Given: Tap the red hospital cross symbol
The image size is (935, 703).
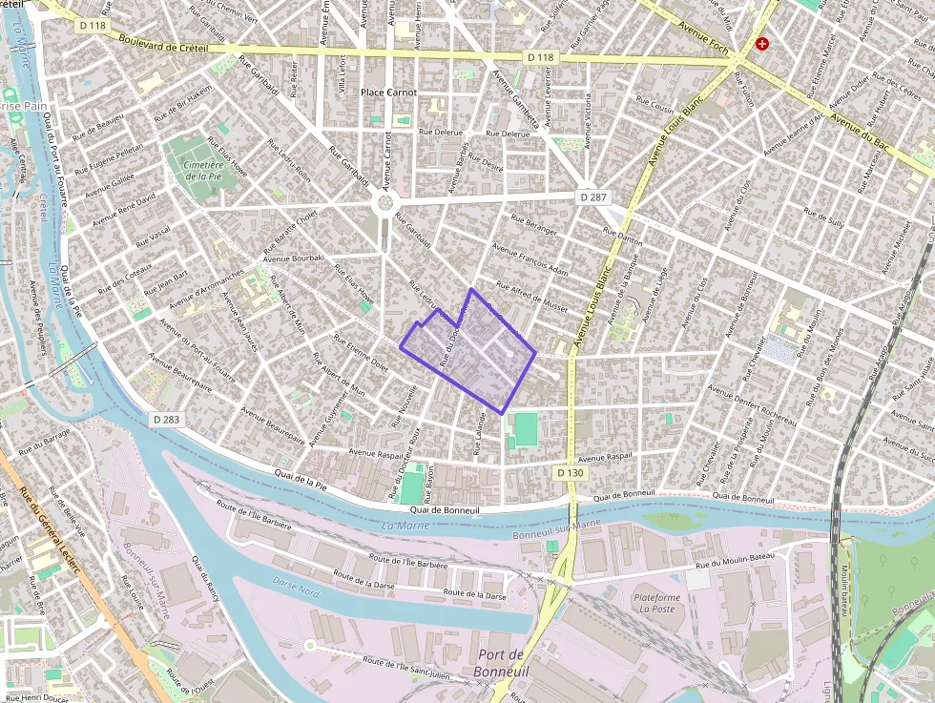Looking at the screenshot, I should pos(762,44).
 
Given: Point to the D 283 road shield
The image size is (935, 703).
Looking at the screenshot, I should pos(165,419).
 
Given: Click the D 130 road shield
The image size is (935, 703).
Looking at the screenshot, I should pos(570,473).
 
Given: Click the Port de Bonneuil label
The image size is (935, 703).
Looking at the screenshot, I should pos(502,662).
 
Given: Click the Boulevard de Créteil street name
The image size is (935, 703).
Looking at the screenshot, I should pos(173,45).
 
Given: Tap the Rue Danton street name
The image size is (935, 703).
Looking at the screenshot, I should pos(624,234).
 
